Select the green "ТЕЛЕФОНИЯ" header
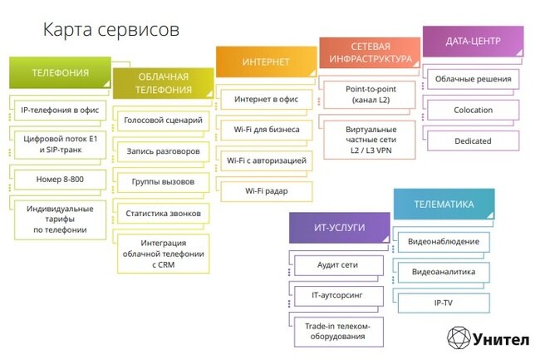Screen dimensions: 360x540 tap(60, 72)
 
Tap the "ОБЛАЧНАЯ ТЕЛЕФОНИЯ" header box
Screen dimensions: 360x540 tap(163, 83)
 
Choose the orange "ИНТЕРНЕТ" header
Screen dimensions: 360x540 tap(266, 62)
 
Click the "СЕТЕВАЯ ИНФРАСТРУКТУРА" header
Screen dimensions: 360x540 tap(370, 53)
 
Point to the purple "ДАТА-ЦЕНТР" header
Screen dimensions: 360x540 tap(472, 41)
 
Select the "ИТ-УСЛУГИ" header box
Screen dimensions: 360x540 tap(338, 226)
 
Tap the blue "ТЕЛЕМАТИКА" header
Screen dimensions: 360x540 tap(444, 204)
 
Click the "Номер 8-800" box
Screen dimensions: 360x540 tap(60, 178)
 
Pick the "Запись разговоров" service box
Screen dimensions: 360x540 tap(163, 151)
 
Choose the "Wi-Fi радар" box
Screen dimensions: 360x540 tap(266, 191)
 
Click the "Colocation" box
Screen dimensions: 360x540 tap(473, 110)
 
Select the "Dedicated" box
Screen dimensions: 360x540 tap(473, 141)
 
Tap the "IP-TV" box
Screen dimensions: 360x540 tap(443, 303)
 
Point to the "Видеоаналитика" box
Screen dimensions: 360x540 tap(443, 272)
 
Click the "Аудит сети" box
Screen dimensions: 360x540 tap(338, 265)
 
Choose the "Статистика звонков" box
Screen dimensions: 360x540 tap(163, 214)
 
